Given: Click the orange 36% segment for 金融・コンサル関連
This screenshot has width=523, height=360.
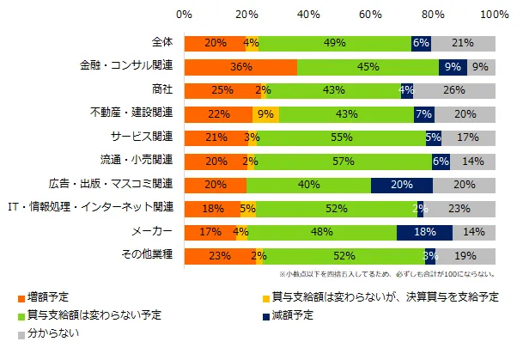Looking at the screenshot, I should pos(240,66).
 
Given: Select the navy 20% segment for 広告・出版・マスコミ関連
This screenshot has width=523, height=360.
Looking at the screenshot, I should pos(401,185).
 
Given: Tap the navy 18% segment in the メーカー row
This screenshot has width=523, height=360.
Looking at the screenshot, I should pos(424,232).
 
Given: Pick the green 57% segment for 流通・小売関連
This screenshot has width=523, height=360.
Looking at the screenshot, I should pos(343,161).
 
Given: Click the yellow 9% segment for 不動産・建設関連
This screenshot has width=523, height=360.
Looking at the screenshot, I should pos(265,113).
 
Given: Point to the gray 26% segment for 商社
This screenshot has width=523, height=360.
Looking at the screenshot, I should pos(454,90).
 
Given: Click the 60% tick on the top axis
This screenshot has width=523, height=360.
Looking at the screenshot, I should pos(371,15).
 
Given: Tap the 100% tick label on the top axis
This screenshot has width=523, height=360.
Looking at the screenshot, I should pos(495,15).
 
